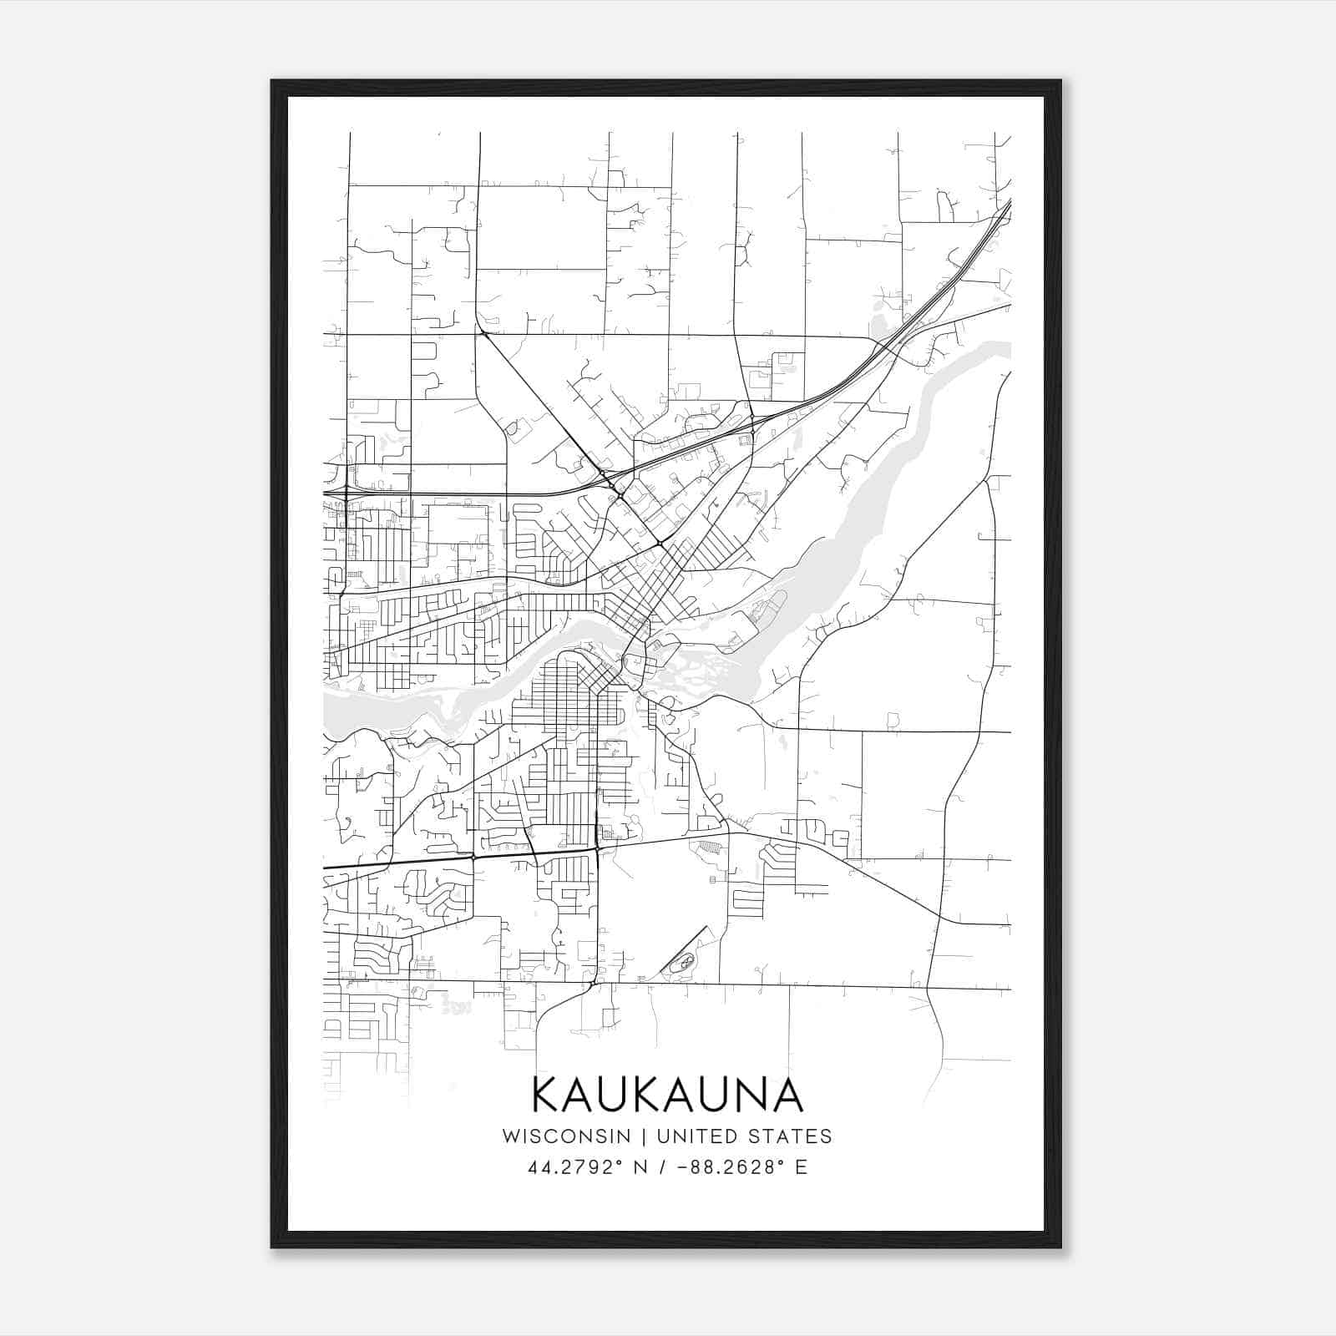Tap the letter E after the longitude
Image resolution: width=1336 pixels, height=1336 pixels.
tap(801, 1167)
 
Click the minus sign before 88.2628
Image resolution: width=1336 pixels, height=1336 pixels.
tap(684, 1167)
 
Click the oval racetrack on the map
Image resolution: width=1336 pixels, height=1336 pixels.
tap(684, 964)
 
